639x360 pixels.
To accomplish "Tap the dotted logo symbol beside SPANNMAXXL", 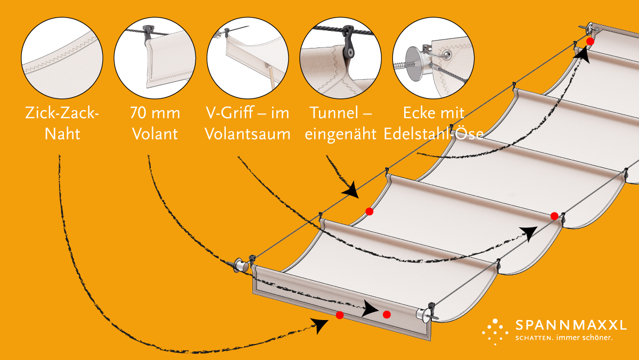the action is pyautogui.click(x=495, y=332).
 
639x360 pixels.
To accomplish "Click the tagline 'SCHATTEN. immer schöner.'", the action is pyautogui.click(x=564, y=338).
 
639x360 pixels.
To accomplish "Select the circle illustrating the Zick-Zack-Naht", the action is pyautogui.click(x=62, y=58).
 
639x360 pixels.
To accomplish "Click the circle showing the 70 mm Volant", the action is pyautogui.click(x=155, y=58).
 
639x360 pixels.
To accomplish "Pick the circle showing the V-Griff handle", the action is pyautogui.click(x=248, y=58).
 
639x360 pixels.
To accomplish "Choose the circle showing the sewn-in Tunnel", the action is pyautogui.click(x=340, y=58).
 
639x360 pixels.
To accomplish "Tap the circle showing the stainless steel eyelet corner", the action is pyautogui.click(x=433, y=58).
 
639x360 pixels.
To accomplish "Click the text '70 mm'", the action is pyautogui.click(x=155, y=113).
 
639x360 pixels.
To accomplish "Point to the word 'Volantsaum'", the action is pyautogui.click(x=248, y=134).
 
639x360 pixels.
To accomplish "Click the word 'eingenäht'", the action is pyautogui.click(x=340, y=134).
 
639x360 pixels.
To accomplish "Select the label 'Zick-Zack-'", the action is pyautogui.click(x=62, y=113).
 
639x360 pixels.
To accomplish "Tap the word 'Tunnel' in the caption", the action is pyautogui.click(x=334, y=113).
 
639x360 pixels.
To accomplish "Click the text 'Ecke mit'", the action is pyautogui.click(x=433, y=113).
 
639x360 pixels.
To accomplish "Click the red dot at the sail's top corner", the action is pyautogui.click(x=590, y=42).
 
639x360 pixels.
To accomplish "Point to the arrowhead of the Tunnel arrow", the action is pyautogui.click(x=351, y=190).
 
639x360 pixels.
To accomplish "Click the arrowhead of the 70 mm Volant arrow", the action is pyautogui.click(x=370, y=309).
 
